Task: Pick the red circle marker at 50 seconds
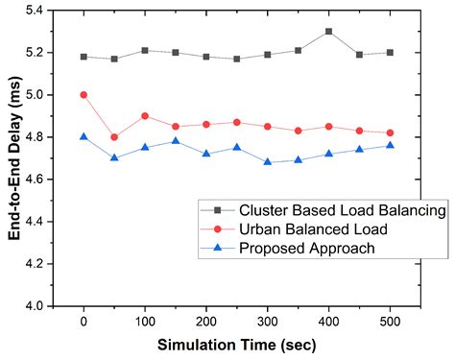point(114,137)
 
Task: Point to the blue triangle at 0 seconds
point(84,136)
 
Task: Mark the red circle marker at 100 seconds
point(144,116)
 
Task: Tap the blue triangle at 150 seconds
point(174,141)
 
